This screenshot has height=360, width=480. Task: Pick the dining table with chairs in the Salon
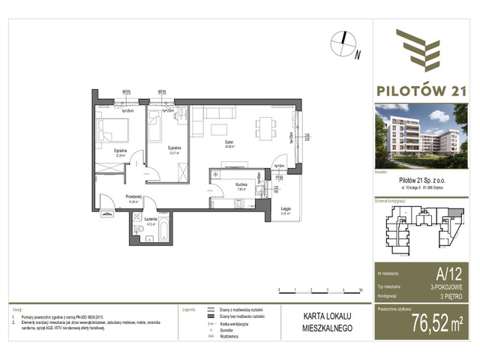264,124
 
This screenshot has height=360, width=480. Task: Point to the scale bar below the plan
319,289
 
